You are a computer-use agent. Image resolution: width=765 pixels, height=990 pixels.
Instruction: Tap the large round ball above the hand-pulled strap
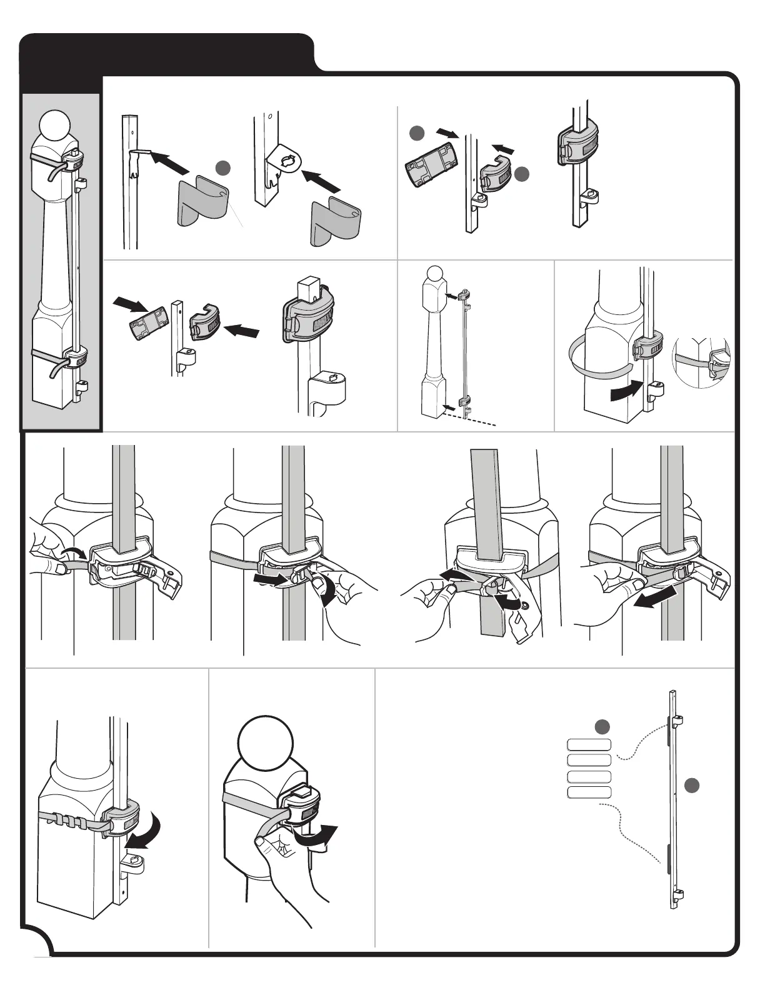click(265, 747)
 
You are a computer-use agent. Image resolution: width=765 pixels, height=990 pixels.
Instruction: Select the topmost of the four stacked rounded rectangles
click(589, 744)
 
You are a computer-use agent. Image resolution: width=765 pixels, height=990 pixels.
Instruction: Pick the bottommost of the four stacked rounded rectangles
click(589, 792)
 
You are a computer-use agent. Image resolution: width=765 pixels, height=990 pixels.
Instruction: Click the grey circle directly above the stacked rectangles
click(602, 726)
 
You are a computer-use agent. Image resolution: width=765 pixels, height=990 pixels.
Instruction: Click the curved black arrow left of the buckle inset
click(626, 392)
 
